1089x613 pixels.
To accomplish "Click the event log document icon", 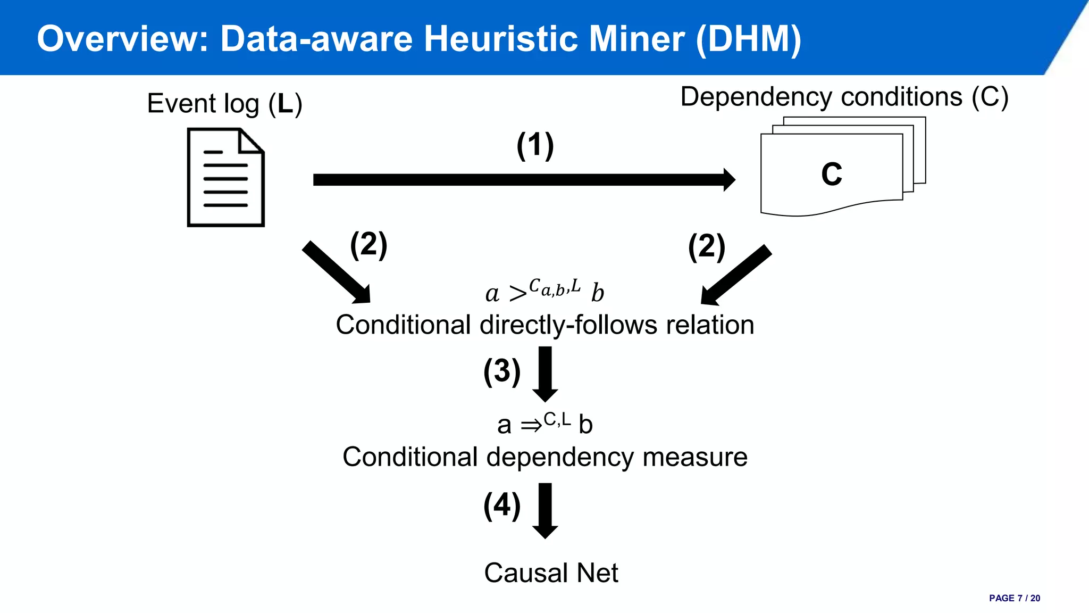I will [226, 177].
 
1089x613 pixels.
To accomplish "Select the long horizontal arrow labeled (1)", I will [524, 180].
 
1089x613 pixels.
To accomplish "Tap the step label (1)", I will [535, 145].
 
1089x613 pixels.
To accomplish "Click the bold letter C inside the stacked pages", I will [832, 175].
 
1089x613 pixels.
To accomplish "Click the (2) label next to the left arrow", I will [368, 245].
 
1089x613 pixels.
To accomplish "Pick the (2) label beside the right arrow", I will [706, 247].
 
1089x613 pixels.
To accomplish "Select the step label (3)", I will [501, 371].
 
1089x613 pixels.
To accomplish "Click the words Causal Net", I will [551, 573].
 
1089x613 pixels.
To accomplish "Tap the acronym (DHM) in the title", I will [748, 39].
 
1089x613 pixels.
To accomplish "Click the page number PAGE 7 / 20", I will [1014, 598].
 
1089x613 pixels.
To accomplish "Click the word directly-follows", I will [568, 325].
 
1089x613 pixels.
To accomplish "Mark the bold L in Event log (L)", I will [285, 103].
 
